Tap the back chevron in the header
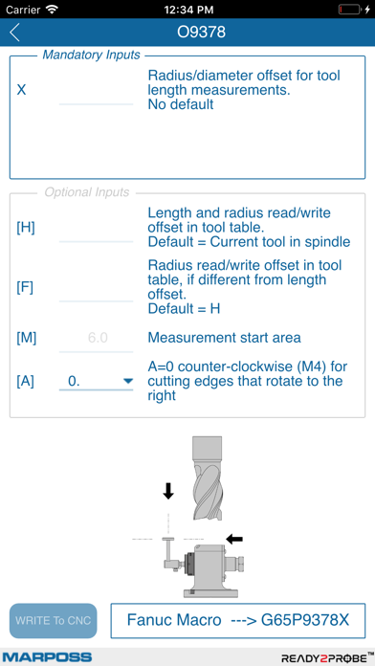tap(14, 33)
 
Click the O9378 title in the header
tap(202, 33)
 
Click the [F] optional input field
tap(96, 288)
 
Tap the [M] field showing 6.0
tap(96, 338)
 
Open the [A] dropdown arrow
tap(127, 382)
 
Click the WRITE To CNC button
tap(54, 621)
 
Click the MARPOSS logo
tap(47, 657)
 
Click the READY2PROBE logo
tap(324, 657)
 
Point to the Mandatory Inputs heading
tap(92, 55)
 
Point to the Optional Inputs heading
tap(88, 192)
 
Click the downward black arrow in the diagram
tap(168, 491)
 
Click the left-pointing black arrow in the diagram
tap(234, 539)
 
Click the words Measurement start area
tap(223, 338)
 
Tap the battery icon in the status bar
tap(351, 9)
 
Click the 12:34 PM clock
tap(187, 9)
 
